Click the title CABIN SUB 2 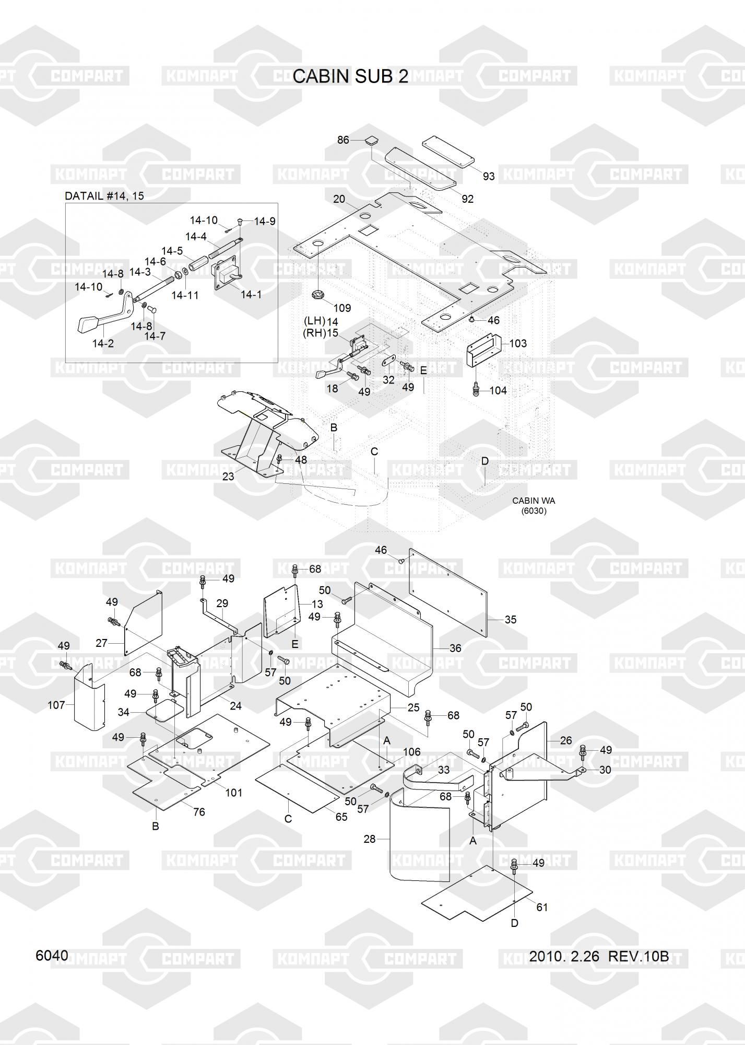point(350,76)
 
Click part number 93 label point(488,176)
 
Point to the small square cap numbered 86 point(371,140)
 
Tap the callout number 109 point(342,308)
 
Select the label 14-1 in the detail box point(251,295)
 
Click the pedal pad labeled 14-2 point(86,325)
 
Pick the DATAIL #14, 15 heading point(104,196)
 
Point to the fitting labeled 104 point(475,390)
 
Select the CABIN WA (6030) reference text point(534,505)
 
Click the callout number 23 point(228,477)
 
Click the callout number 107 point(56,705)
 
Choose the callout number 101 point(233,793)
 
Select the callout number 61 point(542,907)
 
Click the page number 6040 point(52,955)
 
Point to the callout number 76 point(198,812)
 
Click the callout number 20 point(339,199)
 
